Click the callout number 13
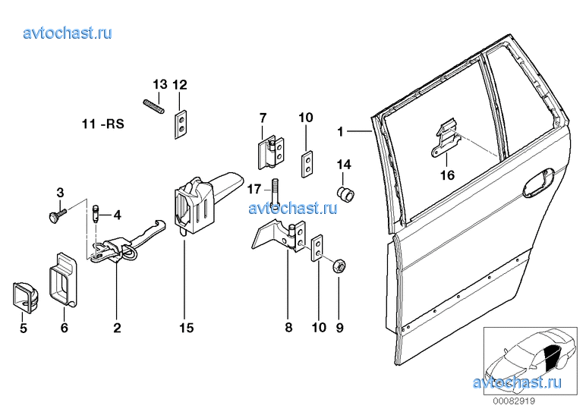[160, 84]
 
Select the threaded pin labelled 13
[153, 107]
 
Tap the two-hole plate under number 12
[181, 124]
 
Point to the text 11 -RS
[102, 124]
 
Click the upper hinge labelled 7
[271, 153]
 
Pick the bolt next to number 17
[276, 192]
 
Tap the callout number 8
[288, 328]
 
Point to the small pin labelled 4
[96, 214]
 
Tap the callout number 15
[186, 328]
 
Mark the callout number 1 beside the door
[340, 131]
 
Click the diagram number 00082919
[514, 401]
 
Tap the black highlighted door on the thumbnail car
[553, 357]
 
